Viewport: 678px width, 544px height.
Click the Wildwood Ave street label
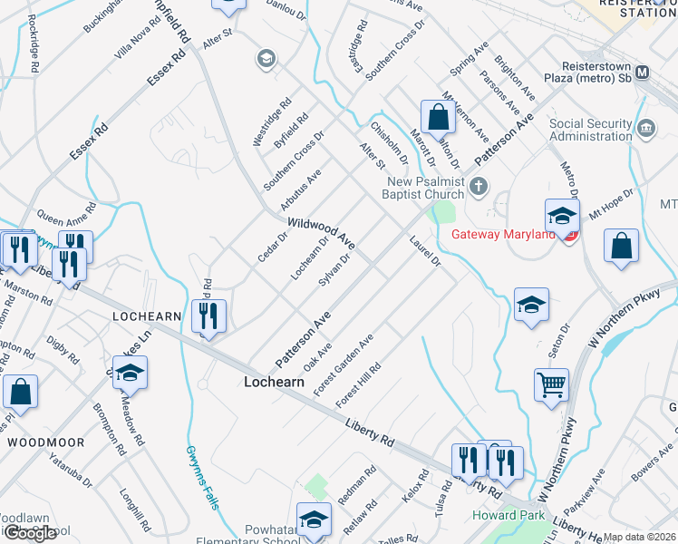click(321, 234)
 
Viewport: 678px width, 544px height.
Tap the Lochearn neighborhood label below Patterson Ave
click(274, 383)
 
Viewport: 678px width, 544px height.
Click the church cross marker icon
click(479, 189)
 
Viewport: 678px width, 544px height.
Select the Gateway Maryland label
click(503, 235)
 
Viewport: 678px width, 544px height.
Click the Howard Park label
click(508, 516)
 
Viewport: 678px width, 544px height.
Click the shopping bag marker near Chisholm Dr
click(438, 120)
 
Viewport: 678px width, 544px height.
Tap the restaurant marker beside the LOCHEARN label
click(209, 316)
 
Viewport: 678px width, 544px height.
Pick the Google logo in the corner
click(30, 533)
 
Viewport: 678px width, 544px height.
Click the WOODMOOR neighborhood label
click(45, 442)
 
